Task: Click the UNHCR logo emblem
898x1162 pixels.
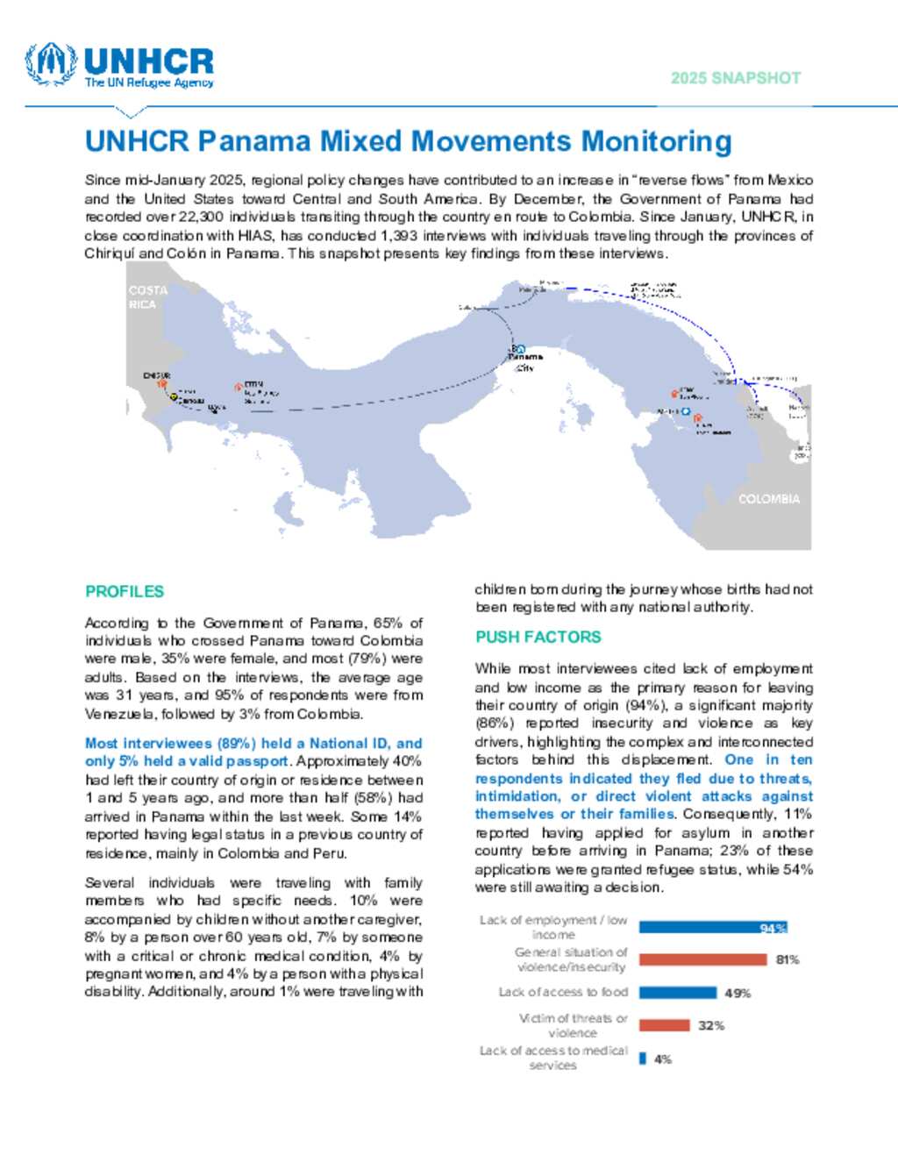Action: (x=51, y=64)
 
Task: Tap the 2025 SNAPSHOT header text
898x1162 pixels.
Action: (x=736, y=78)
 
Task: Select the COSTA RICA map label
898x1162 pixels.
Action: (x=147, y=297)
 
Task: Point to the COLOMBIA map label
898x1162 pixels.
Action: (x=769, y=499)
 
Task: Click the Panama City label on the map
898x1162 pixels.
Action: (x=525, y=361)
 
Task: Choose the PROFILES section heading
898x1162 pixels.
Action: (x=125, y=592)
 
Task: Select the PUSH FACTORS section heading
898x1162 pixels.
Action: (x=538, y=638)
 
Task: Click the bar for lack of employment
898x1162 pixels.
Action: (x=712, y=928)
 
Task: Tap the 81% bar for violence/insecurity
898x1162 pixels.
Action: (x=702, y=960)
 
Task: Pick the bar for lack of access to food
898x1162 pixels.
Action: (x=677, y=993)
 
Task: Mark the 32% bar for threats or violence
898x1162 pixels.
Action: (x=664, y=1025)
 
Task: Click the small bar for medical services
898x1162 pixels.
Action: (x=643, y=1059)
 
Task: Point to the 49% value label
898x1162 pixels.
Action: (x=738, y=994)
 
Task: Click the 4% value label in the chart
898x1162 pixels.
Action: (x=663, y=1059)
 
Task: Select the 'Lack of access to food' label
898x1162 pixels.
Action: (x=563, y=992)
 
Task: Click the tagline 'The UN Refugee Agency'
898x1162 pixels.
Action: (x=149, y=83)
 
